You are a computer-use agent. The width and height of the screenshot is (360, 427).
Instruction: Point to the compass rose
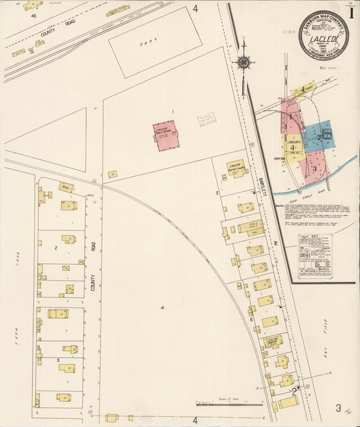point(243,63)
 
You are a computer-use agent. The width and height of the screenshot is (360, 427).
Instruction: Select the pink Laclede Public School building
point(165,135)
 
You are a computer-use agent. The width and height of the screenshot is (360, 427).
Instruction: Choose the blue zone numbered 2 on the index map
point(317,134)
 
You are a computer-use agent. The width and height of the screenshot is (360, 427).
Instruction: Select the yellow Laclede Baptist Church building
point(236,169)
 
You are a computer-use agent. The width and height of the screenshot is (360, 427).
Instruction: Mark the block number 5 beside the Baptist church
point(217,193)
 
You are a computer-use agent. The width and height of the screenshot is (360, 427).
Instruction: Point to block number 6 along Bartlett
point(251,319)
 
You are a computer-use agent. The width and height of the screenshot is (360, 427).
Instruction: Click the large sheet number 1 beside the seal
point(351,11)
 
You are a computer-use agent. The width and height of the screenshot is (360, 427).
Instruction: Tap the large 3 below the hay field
point(338,407)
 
